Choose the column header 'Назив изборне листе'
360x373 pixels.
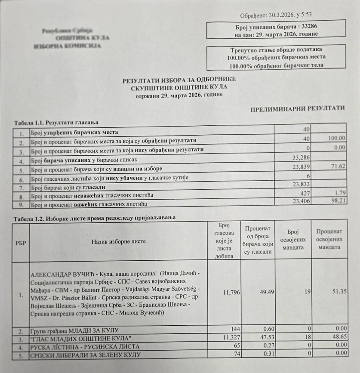(x=119, y=241)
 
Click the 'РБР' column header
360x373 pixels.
(x=20, y=242)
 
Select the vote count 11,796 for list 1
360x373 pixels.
(x=225, y=293)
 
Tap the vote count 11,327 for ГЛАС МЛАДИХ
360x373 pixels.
(x=225, y=339)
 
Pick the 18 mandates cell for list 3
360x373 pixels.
(x=306, y=339)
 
